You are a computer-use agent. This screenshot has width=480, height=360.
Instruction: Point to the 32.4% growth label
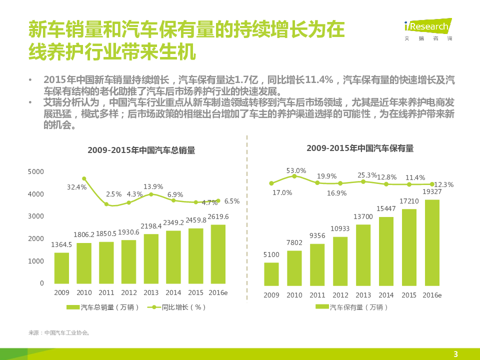point(77,187)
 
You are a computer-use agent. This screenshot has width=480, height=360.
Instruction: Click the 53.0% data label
point(296,170)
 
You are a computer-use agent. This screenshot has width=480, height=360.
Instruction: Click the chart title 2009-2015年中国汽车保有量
point(360,148)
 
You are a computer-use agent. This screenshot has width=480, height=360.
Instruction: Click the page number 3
point(455,354)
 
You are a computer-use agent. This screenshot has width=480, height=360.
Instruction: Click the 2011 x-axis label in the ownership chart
point(317,295)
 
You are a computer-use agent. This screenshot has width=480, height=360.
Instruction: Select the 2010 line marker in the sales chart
point(84,178)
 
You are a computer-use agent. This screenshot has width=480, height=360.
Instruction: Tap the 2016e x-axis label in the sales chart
point(218,292)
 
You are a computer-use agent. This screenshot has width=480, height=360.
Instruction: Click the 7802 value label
point(294,243)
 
